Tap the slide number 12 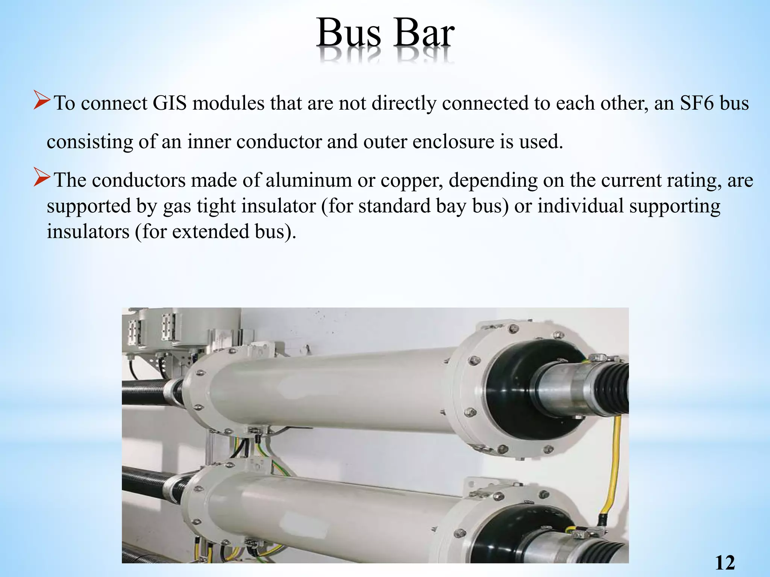pos(725,563)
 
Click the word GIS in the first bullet pos(170,103)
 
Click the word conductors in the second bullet pos(139,181)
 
